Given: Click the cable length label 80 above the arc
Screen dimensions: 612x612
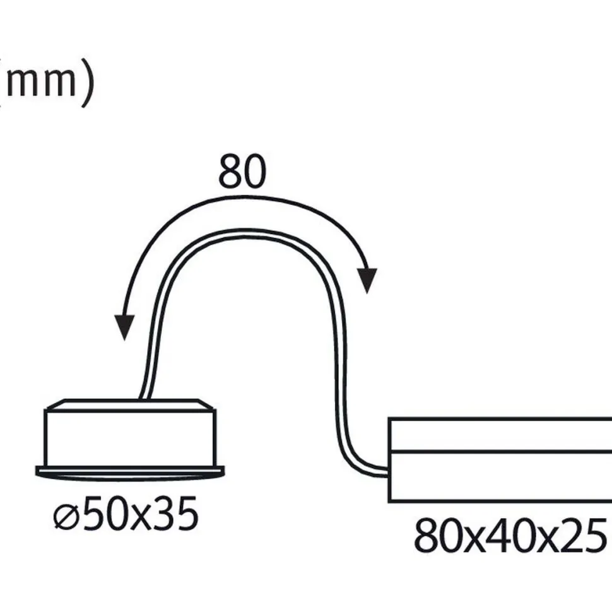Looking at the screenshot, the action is (242, 172).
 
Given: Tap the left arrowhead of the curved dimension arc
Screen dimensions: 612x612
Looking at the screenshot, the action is (124, 327).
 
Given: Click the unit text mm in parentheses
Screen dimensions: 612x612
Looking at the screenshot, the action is (41, 83).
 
